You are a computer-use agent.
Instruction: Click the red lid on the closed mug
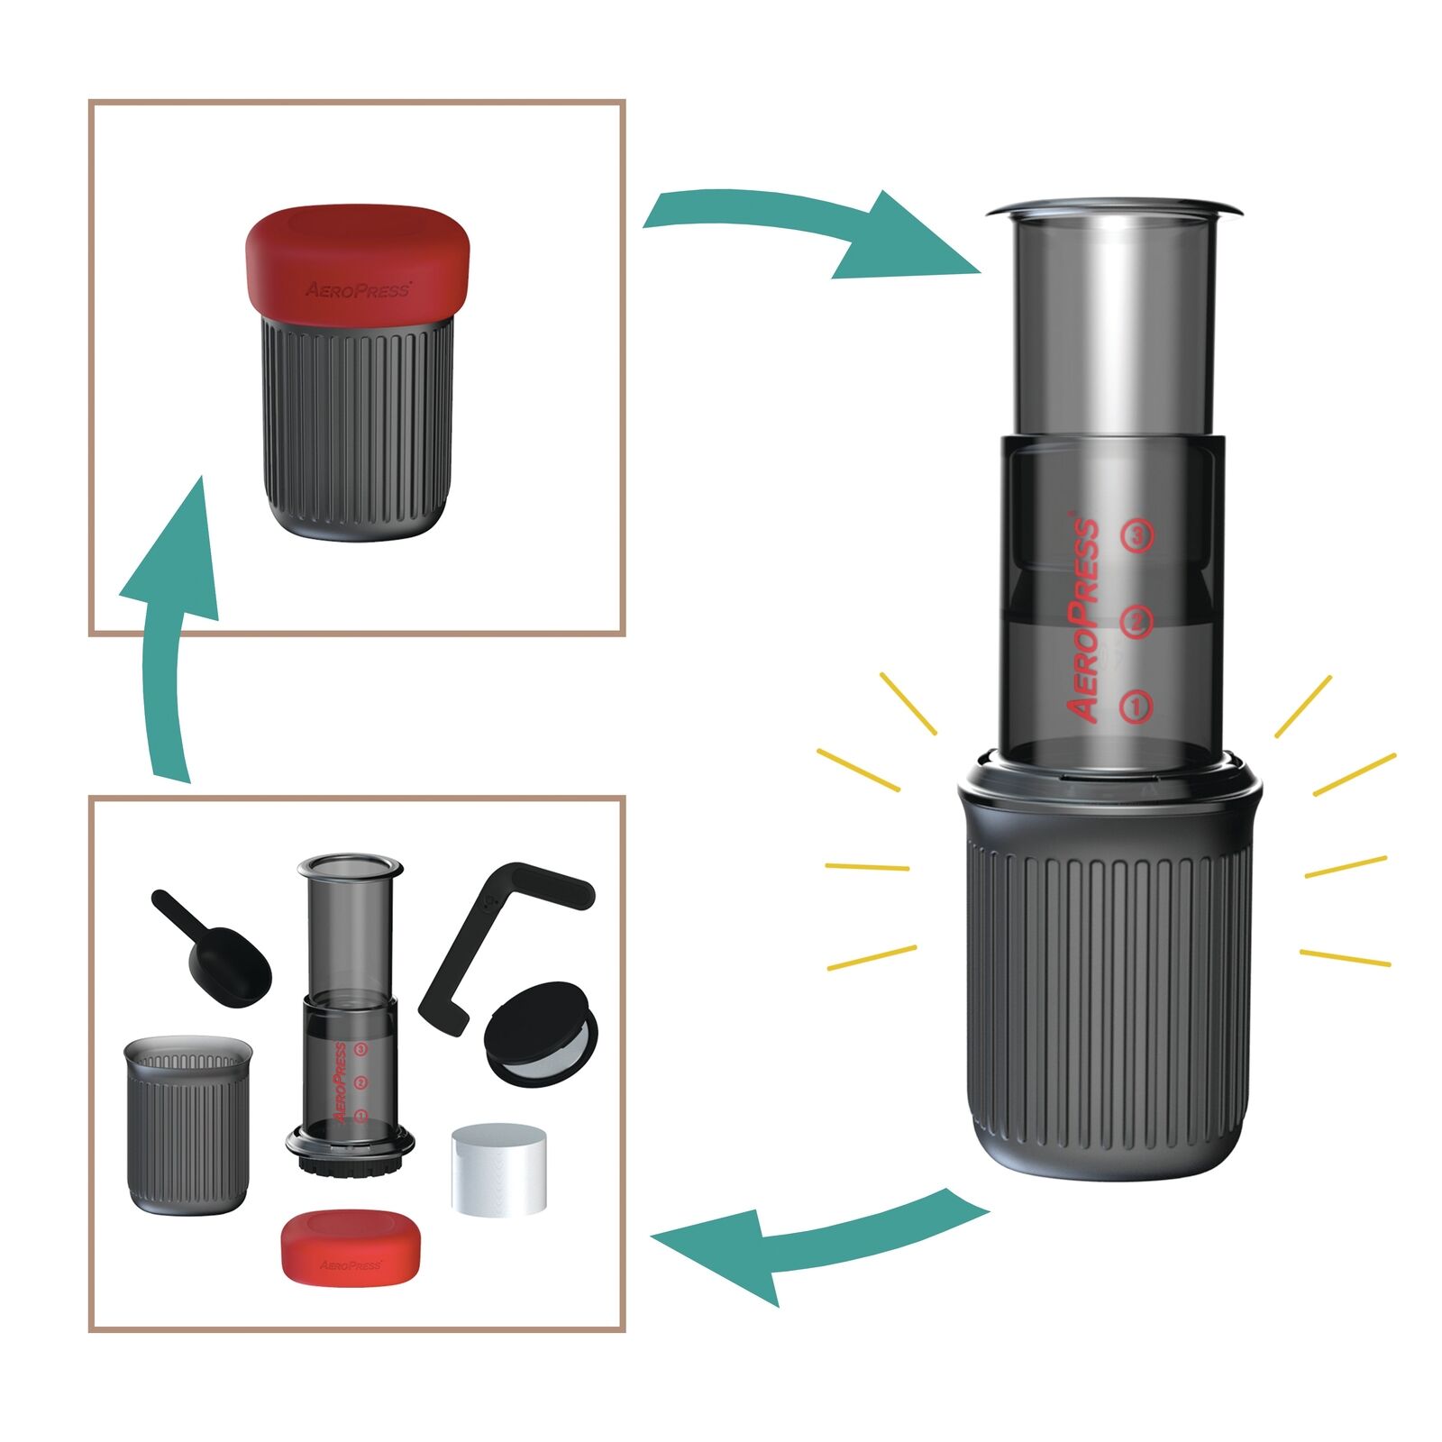click(358, 261)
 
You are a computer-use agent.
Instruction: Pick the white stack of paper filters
click(498, 1169)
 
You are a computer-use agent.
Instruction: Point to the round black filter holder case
click(541, 1032)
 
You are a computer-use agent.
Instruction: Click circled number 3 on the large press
click(1136, 536)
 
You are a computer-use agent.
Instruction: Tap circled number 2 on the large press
click(1136, 621)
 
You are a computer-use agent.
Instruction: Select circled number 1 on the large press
click(1136, 706)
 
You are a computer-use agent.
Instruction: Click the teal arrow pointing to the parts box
click(811, 1239)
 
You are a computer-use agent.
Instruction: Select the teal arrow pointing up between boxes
click(171, 631)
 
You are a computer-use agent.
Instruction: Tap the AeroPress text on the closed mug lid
click(358, 290)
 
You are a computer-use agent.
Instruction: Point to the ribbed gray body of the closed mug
click(358, 424)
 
